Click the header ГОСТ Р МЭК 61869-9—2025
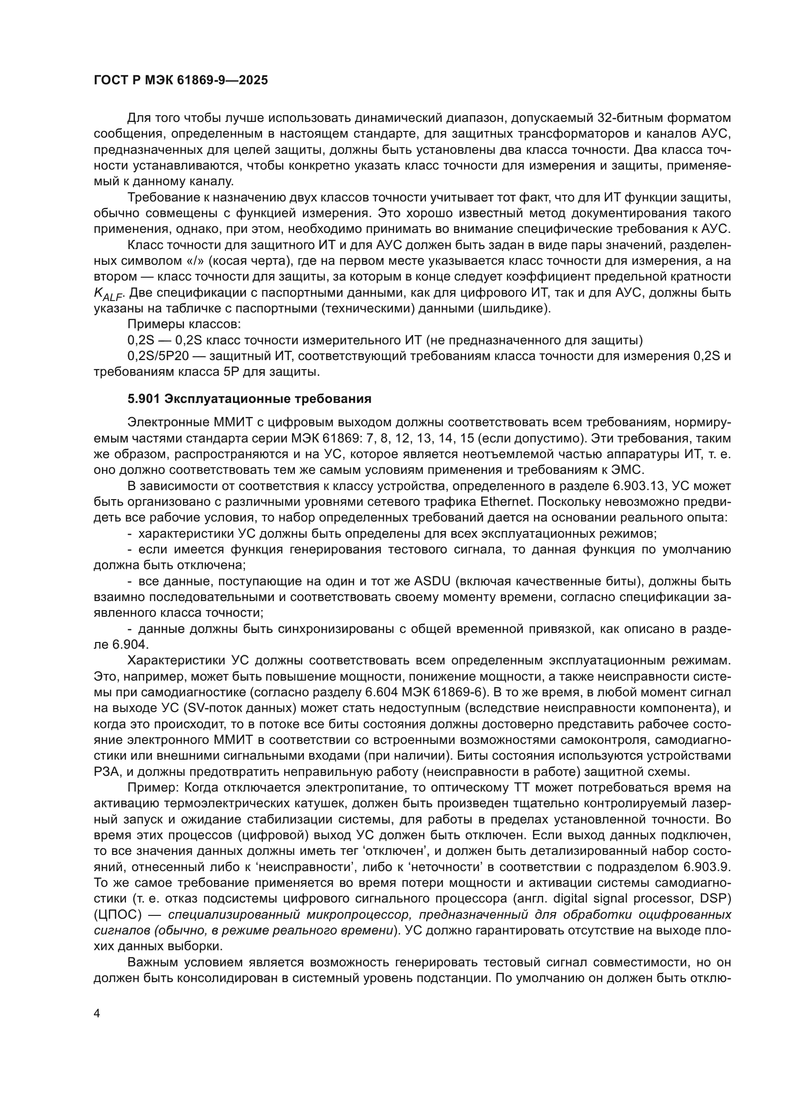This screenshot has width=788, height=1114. [x=181, y=80]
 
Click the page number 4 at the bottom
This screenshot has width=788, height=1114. [x=97, y=1014]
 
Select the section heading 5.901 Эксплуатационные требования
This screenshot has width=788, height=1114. [x=249, y=399]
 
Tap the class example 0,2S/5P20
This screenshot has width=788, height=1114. [x=158, y=356]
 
